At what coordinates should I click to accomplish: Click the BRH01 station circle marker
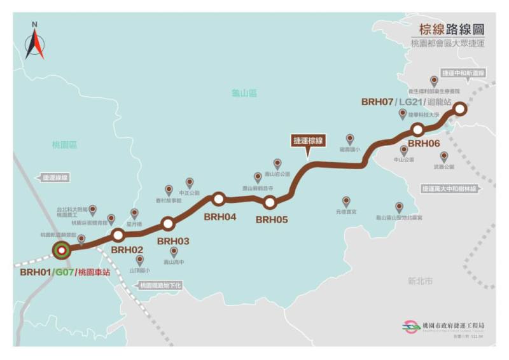(x=62, y=250)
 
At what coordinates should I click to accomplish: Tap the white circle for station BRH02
(x=118, y=235)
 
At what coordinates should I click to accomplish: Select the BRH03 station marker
(x=168, y=223)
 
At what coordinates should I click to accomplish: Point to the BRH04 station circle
(x=219, y=198)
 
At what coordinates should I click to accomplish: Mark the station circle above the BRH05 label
(x=269, y=202)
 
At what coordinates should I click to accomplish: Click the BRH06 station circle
(x=418, y=130)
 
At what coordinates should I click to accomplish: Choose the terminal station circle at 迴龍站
(x=460, y=109)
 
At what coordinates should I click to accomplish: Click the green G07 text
(x=64, y=272)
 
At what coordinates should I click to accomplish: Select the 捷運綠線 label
(x=55, y=177)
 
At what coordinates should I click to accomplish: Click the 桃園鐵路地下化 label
(x=160, y=286)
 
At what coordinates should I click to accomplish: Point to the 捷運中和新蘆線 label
(x=463, y=73)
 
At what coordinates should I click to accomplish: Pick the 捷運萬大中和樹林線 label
(x=458, y=188)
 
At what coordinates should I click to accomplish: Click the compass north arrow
(x=35, y=41)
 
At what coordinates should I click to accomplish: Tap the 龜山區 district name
(x=244, y=93)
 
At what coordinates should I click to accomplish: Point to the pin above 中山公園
(x=404, y=150)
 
